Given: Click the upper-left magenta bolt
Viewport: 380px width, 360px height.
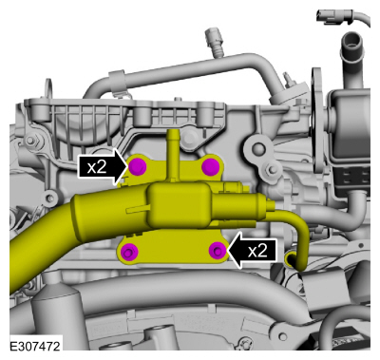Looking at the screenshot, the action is [138, 166].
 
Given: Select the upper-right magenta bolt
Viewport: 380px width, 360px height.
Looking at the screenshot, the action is [211, 166].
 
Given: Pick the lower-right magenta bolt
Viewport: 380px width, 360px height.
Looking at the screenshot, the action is [218, 251].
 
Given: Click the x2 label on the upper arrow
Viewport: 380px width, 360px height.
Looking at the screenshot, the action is [97, 167].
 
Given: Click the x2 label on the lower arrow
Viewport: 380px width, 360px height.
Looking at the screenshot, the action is [258, 251].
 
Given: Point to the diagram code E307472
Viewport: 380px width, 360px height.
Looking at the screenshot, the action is [35, 346].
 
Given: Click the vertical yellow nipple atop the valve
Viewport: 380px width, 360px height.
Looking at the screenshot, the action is [172, 154].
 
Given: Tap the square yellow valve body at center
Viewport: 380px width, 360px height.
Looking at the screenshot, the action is [178, 204].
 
